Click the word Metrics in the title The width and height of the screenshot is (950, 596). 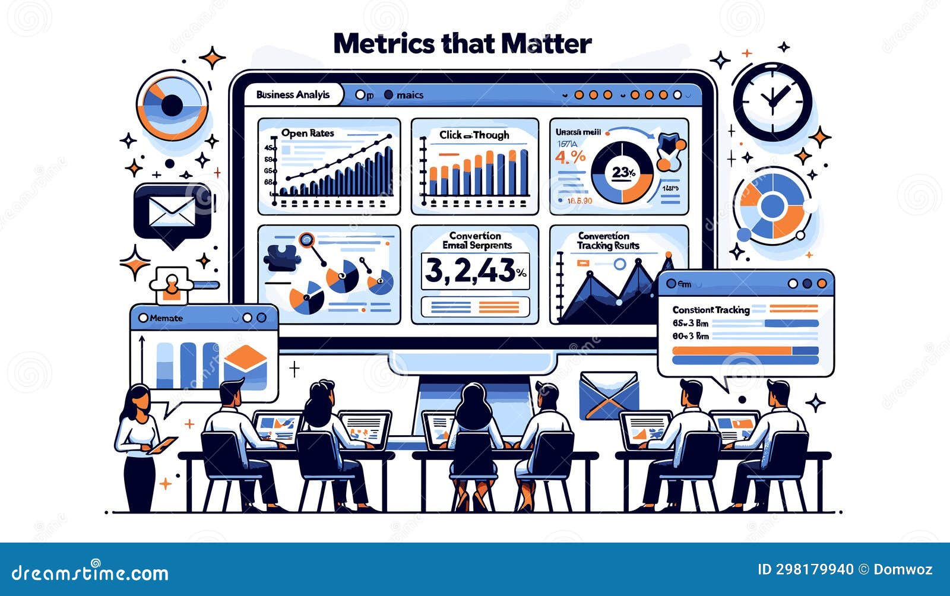click(384, 44)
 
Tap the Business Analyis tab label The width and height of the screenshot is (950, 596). click(293, 95)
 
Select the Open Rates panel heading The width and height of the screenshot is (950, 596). click(308, 133)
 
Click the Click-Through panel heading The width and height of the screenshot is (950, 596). click(474, 135)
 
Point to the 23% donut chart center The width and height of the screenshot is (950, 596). click(623, 173)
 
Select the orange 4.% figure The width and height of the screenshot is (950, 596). click(569, 157)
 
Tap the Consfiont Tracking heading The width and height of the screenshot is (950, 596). click(711, 309)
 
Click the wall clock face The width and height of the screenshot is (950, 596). click(772, 101)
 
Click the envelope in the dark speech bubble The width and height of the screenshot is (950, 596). click(172, 212)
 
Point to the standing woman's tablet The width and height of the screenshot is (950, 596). click(163, 445)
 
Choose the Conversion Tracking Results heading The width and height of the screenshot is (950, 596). click(608, 240)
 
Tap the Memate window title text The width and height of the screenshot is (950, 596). click(166, 318)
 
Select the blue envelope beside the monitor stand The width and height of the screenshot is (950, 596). click(609, 395)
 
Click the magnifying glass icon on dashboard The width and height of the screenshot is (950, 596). click(307, 240)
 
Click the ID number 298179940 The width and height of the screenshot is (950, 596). click(805, 570)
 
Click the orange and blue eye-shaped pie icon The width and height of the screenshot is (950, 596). click(172, 106)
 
